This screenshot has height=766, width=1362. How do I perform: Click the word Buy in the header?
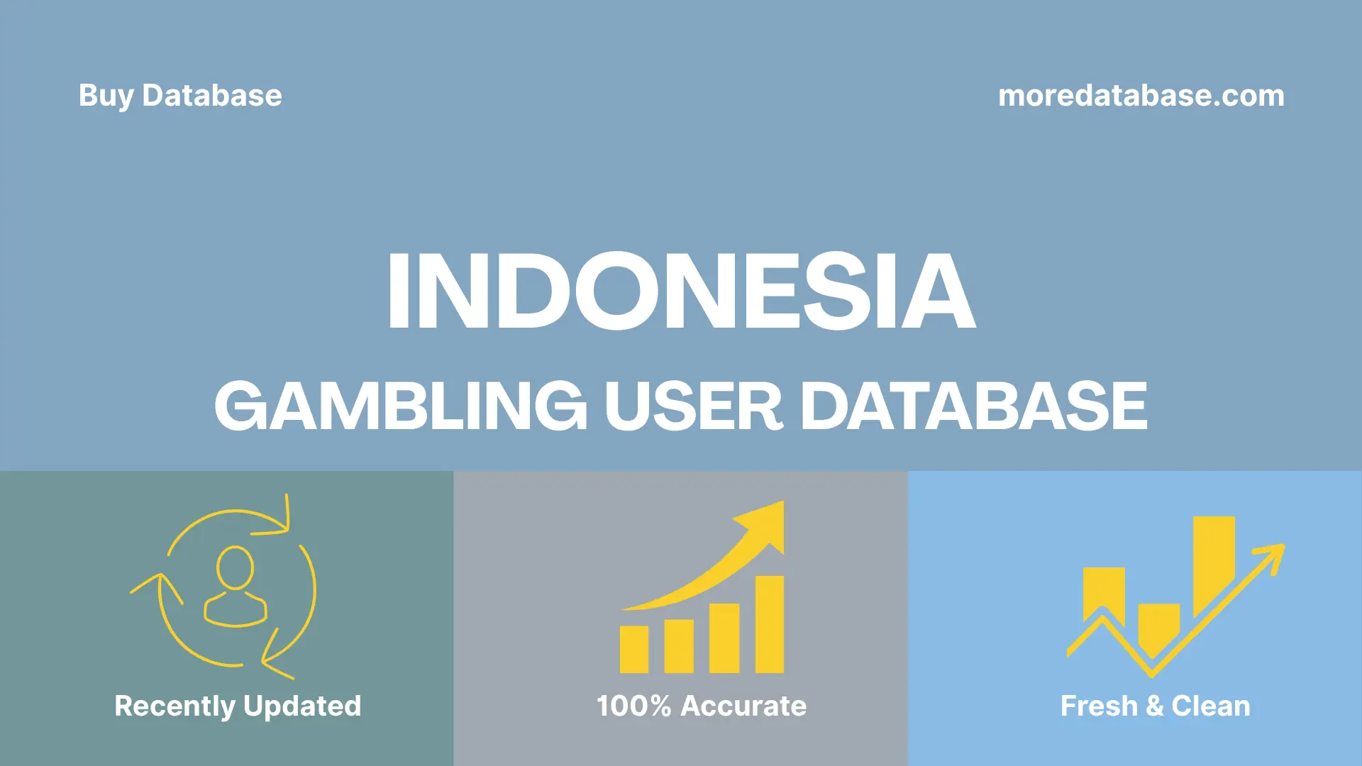click(106, 96)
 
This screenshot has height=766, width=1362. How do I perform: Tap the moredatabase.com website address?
click(1141, 96)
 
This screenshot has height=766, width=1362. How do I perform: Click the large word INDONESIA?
click(681, 292)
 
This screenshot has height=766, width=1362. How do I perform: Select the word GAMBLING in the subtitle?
click(401, 406)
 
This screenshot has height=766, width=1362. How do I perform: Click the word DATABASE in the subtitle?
click(974, 406)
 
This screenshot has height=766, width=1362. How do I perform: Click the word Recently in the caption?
click(175, 706)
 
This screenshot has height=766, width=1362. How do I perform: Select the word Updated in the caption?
click(302, 706)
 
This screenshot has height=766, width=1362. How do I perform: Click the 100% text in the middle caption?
click(633, 706)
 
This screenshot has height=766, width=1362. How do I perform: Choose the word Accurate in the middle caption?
click(743, 706)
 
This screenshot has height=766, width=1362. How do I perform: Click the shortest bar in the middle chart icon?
click(633, 649)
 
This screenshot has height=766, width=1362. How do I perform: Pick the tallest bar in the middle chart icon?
click(769, 624)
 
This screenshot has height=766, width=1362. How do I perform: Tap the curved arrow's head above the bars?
click(766, 525)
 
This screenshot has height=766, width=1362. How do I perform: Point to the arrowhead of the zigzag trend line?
click(1273, 554)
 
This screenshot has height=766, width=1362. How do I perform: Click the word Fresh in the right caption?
click(1099, 706)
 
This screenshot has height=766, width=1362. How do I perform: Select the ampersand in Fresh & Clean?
click(1154, 706)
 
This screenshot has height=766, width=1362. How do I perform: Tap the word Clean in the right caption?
click(1210, 706)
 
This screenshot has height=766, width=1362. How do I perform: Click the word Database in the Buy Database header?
click(212, 96)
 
